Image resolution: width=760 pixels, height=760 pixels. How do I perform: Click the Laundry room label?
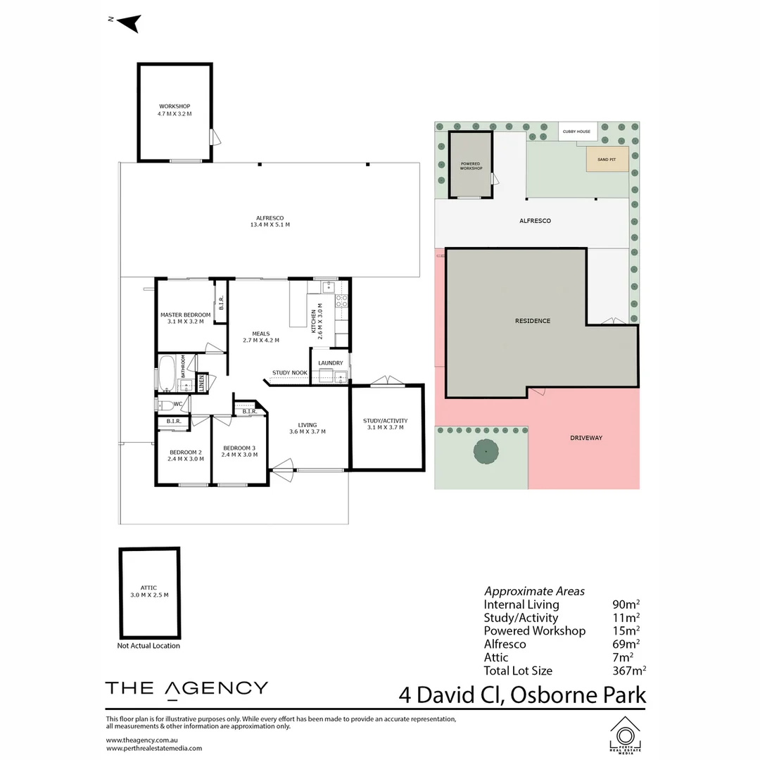point(331,362)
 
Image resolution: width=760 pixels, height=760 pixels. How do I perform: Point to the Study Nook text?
point(290,373)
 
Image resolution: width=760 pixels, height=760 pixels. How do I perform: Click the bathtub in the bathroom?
point(167,374)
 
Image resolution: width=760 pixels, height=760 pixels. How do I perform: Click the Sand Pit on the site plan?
point(607,159)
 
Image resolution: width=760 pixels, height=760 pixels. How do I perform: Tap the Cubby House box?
point(577,132)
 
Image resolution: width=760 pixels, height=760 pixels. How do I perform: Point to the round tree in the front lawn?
point(486,451)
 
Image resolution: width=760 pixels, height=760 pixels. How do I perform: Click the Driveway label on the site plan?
point(586,438)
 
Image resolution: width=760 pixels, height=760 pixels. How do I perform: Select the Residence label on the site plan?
point(533,321)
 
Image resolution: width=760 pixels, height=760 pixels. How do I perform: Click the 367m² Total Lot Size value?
point(629,671)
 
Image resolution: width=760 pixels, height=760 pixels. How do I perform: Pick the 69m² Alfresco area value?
point(626,644)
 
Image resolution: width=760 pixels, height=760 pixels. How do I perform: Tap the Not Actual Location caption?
point(148,645)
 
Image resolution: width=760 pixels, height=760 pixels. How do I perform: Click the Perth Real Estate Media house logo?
point(626,735)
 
